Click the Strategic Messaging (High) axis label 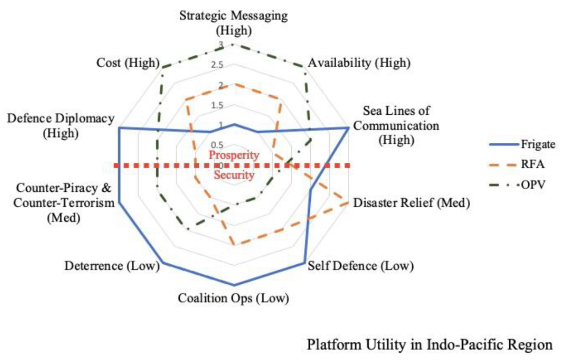tap(234, 23)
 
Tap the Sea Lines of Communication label tap(396, 125)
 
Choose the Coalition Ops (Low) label tap(233, 298)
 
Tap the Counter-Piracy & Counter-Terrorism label tap(64, 203)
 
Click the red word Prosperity tap(234, 155)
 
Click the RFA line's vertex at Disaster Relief tap(348, 202)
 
